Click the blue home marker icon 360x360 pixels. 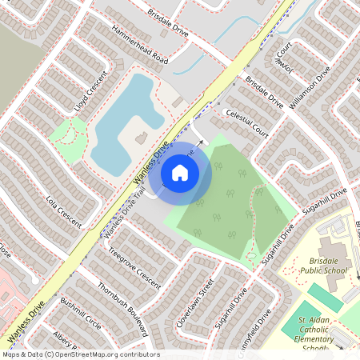click(180, 172)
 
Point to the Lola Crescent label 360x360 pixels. click(65, 210)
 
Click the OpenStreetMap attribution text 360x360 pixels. click(81, 354)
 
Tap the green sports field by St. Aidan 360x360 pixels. click(302, 317)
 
